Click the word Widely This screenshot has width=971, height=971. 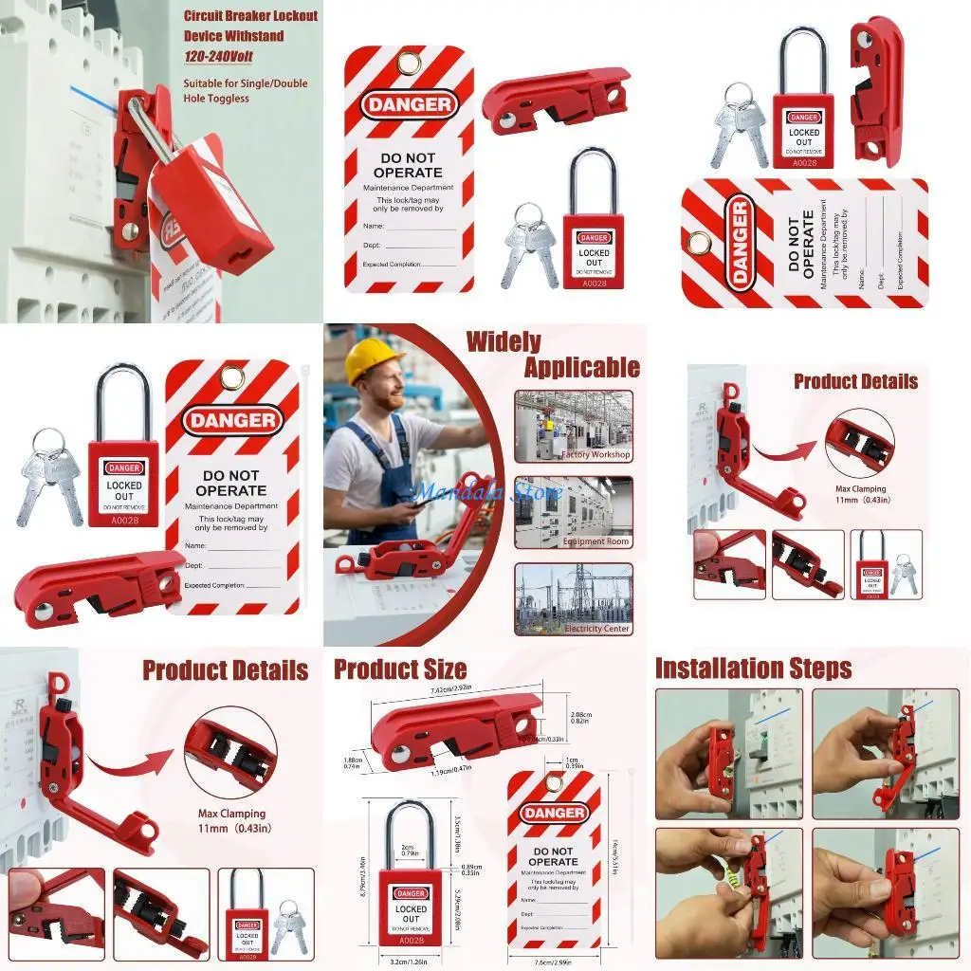(x=504, y=341)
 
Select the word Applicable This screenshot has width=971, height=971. (x=581, y=368)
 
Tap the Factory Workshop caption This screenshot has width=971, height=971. (x=595, y=455)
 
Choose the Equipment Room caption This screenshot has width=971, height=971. (x=595, y=541)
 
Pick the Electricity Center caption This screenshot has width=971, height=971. (x=596, y=629)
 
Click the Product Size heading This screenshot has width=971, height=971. (x=400, y=669)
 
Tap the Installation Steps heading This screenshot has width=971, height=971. (x=753, y=669)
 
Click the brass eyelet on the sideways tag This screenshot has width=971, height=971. (x=699, y=243)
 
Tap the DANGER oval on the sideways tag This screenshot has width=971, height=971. (x=741, y=243)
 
